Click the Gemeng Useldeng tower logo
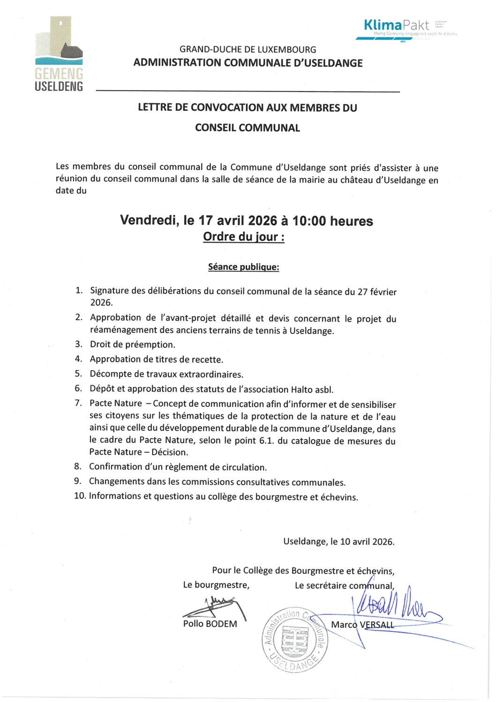point(59,53)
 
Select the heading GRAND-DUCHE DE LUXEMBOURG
point(248,49)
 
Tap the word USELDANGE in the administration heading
point(333,63)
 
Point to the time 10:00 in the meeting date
point(309,221)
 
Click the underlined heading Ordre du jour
point(243,237)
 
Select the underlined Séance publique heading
point(243,267)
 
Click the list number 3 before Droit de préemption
point(78,344)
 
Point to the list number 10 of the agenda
point(79,496)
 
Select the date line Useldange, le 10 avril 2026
point(338,542)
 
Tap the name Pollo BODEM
point(210,624)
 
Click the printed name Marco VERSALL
point(362,625)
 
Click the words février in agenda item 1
point(383,292)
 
